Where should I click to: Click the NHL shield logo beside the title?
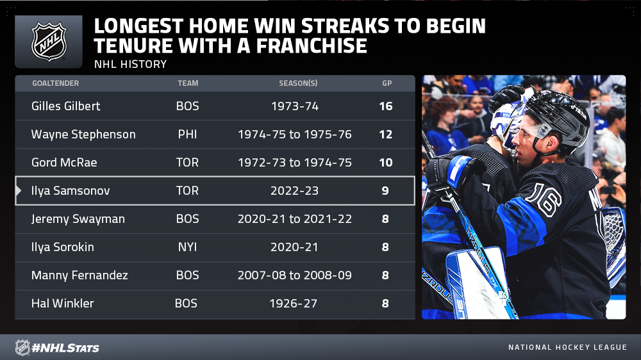(x=49, y=42)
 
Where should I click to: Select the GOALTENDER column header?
(x=56, y=83)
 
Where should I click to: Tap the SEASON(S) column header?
(x=298, y=83)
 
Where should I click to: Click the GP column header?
(x=387, y=83)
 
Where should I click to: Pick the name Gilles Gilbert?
(x=65, y=106)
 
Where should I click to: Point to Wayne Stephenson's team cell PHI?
(x=187, y=135)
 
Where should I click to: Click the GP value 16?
(x=385, y=106)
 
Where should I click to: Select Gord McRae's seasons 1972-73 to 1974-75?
(x=294, y=163)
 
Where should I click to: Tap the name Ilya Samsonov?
(x=71, y=191)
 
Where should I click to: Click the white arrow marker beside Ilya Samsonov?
(x=18, y=190)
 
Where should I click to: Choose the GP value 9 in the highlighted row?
(x=385, y=191)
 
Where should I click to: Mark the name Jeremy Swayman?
(x=78, y=219)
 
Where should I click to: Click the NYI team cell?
(x=187, y=247)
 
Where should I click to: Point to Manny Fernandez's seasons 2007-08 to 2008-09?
(x=294, y=275)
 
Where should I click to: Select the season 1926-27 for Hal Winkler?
(x=293, y=304)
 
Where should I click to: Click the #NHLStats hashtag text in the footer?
(x=65, y=348)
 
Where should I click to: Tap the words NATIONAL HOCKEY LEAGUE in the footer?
(x=567, y=347)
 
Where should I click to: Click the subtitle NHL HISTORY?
(x=130, y=64)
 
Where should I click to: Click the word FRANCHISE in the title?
(x=312, y=45)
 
